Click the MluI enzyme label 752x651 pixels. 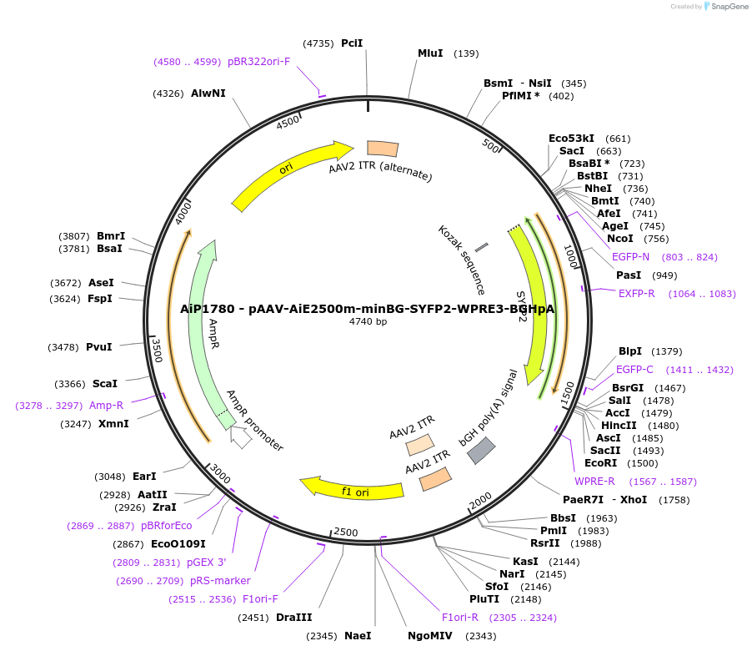[x=430, y=53]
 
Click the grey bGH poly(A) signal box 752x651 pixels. [x=481, y=450]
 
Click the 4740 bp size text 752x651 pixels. [x=368, y=321]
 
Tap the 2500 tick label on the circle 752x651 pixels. [x=345, y=532]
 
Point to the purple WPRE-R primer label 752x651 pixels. [x=594, y=481]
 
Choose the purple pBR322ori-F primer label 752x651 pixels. [x=258, y=61]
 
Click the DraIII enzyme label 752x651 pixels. [x=293, y=618]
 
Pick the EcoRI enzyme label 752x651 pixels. [x=600, y=463]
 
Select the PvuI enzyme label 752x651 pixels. [x=99, y=346]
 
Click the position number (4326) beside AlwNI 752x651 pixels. [x=168, y=93]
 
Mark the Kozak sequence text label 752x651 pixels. [x=461, y=260]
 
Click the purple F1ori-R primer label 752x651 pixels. [x=460, y=618]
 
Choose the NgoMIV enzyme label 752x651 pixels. [x=430, y=636]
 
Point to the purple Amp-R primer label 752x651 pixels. [x=106, y=405]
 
